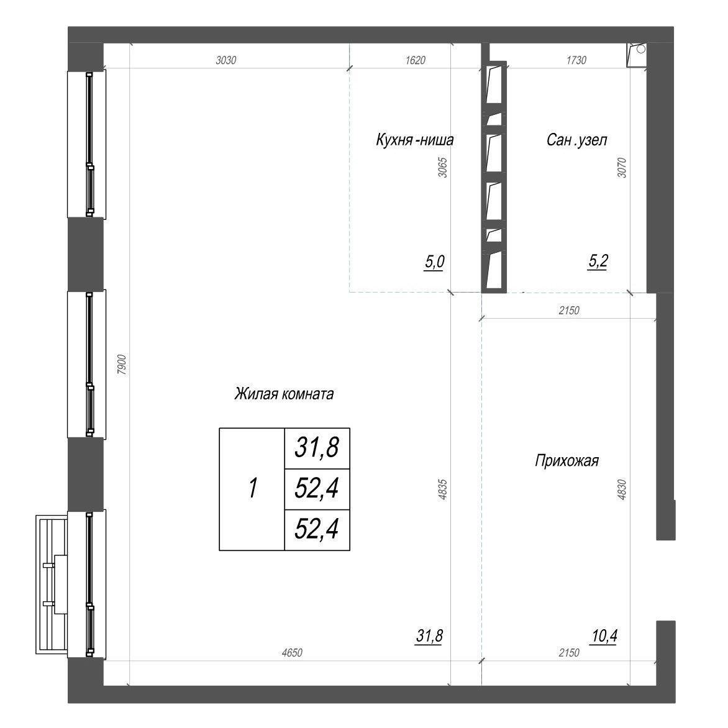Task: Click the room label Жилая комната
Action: tap(284, 394)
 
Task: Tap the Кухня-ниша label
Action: tap(414, 140)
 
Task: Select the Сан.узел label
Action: tap(576, 140)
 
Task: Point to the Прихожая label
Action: tap(567, 461)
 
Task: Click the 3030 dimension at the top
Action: tap(226, 60)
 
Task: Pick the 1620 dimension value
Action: tap(415, 60)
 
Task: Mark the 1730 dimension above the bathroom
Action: tap(576, 60)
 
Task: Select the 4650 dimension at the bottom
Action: tap(292, 653)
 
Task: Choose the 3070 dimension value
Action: tap(622, 168)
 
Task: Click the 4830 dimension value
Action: tap(622, 489)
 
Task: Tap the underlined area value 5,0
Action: tap(434, 262)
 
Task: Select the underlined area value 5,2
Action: tap(598, 262)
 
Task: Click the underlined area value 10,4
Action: tap(604, 636)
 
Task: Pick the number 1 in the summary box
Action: tap(253, 488)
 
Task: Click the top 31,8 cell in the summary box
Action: tap(317, 448)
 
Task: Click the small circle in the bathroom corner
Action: tap(640, 48)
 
